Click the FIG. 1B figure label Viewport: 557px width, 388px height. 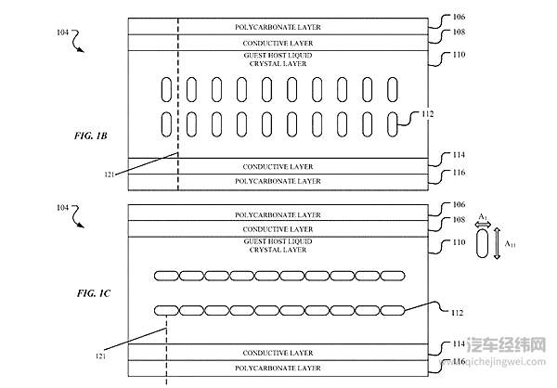click(91, 136)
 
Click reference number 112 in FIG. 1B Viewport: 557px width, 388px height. click(428, 114)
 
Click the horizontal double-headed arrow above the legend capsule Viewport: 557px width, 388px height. click(484, 224)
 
